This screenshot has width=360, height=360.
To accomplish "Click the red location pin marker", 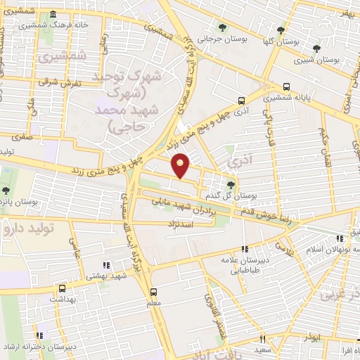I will (181, 165).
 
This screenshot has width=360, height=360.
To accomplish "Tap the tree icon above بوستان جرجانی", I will (223, 28).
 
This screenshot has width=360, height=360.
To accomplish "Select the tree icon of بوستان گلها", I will (281, 30).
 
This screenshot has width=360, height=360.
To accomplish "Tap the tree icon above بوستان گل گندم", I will (231, 184).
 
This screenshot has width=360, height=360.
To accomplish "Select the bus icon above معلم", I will (154, 290).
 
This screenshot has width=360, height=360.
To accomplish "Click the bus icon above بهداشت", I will (62, 288).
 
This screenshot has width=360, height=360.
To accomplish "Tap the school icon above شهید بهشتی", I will (106, 265).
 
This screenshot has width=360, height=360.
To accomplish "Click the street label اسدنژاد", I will (181, 224).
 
